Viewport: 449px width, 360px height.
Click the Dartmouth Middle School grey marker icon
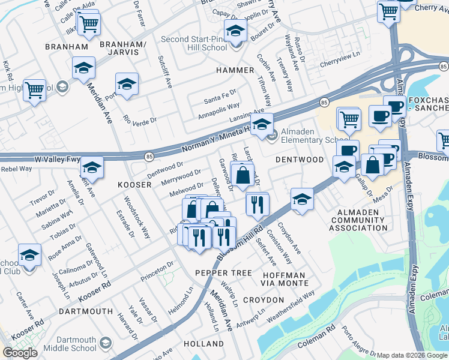click(x=106, y=343)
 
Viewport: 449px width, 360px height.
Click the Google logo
click(x=20, y=353)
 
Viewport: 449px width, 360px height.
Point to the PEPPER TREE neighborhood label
click(x=223, y=273)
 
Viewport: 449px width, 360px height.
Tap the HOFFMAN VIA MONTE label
click(x=285, y=279)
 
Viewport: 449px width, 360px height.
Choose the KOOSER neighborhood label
click(x=134, y=185)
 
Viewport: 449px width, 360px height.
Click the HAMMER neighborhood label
click(x=235, y=70)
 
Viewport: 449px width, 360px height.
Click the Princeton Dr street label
click(x=157, y=272)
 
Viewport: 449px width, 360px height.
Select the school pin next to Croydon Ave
click(x=302, y=200)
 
